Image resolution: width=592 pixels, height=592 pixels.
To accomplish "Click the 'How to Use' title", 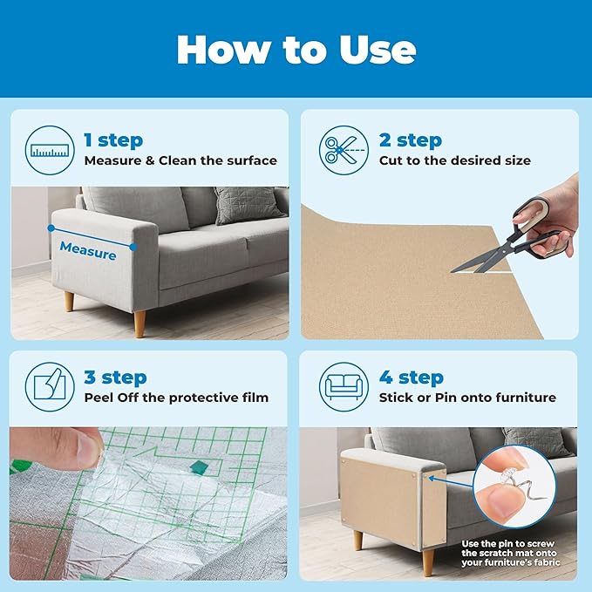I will tap(296, 50).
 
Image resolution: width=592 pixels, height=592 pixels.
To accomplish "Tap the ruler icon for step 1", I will tap(50, 150).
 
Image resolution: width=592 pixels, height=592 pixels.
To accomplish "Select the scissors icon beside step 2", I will tap(343, 150).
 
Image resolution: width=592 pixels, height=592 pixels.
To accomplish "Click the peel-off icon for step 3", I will tap(50, 386).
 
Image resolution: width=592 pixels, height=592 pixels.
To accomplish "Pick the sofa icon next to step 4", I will tap(343, 386).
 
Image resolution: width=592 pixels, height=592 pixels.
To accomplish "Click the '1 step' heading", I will tap(113, 139).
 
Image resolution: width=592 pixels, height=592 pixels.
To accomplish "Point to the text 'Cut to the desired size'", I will tap(454, 160).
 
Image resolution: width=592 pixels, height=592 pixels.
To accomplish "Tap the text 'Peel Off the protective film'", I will tap(176, 398).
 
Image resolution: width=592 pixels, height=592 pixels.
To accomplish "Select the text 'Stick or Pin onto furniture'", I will tap(467, 398).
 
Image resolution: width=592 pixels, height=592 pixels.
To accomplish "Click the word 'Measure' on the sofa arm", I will tap(87, 253).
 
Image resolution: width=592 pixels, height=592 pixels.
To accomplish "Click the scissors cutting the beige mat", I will tap(514, 240).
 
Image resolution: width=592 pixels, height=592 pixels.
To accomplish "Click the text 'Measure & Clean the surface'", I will tap(180, 160).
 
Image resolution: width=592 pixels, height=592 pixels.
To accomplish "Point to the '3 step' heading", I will tap(115, 377).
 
